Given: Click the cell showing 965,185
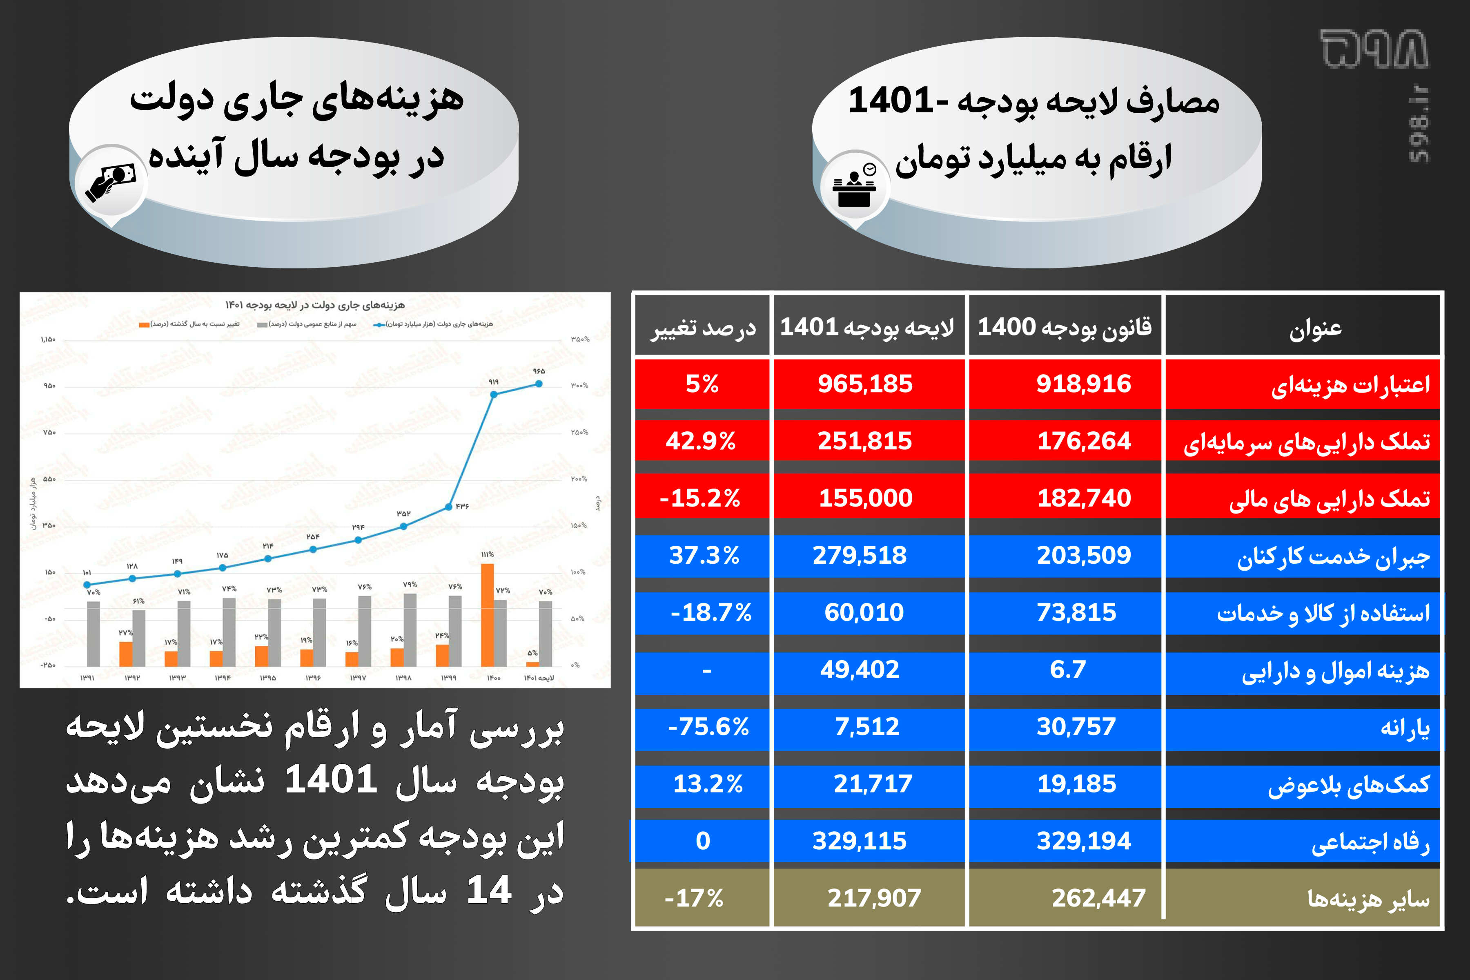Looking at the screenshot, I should pyautogui.click(x=865, y=384).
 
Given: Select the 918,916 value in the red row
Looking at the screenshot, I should pyautogui.click(x=1083, y=384).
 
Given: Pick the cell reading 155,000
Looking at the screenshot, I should pyautogui.click(x=865, y=498).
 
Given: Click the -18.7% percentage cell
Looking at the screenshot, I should pyautogui.click(x=711, y=612).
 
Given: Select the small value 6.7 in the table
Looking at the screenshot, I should pyautogui.click(x=1068, y=670).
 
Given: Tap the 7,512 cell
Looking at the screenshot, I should pyautogui.click(x=867, y=726).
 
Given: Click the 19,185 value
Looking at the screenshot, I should pyautogui.click(x=1076, y=784).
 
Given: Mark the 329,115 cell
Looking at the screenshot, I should pyautogui.click(x=859, y=841).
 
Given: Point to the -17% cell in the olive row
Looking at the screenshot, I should pyautogui.click(x=693, y=898).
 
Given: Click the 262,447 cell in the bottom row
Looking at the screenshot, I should pyautogui.click(x=1098, y=898).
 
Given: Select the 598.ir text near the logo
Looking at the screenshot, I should pyautogui.click(x=1419, y=125).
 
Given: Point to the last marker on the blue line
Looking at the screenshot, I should pyautogui.click(x=539, y=384).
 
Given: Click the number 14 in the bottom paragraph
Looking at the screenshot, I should pyautogui.click(x=488, y=890).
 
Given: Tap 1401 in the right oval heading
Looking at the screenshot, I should pyautogui.click(x=890, y=100).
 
